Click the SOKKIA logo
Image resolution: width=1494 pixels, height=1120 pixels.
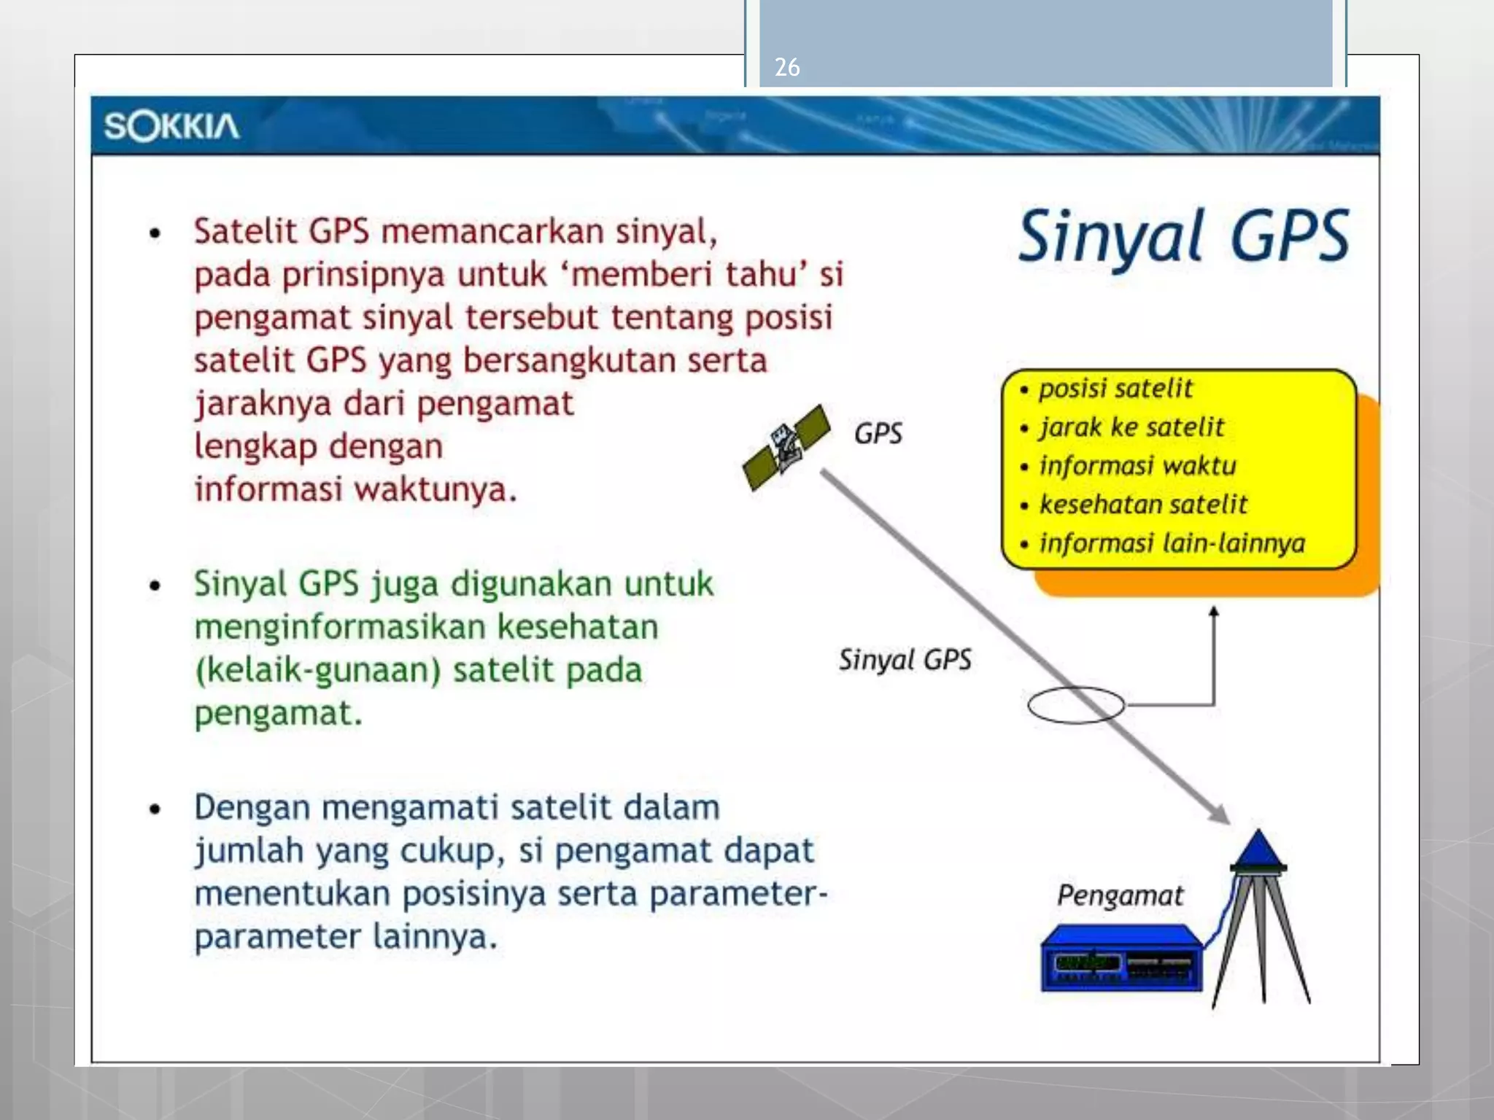tap(171, 126)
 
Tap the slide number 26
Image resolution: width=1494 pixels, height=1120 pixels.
tap(787, 67)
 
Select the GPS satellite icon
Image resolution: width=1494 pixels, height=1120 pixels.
tap(786, 446)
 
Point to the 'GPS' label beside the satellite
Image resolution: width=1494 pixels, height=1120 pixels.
tap(878, 433)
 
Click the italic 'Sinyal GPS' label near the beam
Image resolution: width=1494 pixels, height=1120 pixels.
tap(905, 660)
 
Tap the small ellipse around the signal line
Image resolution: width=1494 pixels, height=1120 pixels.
tap(1075, 704)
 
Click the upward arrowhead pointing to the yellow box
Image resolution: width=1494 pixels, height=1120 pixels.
tap(1214, 612)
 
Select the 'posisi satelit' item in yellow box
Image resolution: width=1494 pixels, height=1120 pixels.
tap(1115, 388)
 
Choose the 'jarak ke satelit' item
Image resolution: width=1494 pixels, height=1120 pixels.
tap(1131, 427)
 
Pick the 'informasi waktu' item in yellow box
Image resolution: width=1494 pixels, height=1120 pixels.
tap(1137, 465)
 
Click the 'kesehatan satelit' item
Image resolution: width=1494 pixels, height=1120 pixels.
tap(1143, 504)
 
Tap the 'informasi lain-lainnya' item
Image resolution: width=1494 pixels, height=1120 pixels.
tap(1172, 543)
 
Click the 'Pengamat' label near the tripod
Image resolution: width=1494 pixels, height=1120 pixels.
tap(1120, 895)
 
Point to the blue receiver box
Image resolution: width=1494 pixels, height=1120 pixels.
tap(1120, 959)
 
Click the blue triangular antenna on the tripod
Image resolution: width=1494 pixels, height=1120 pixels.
tap(1258, 849)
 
